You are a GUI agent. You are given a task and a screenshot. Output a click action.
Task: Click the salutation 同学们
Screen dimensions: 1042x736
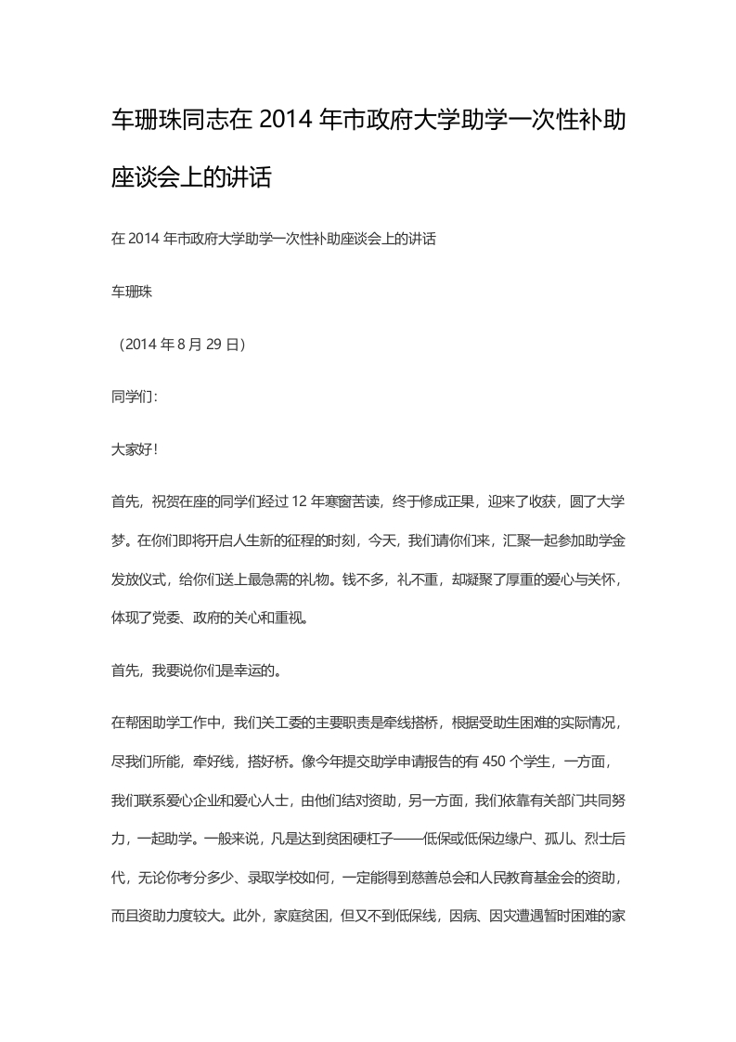(131, 397)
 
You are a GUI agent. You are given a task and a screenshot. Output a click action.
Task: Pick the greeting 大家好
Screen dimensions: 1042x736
(131, 449)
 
